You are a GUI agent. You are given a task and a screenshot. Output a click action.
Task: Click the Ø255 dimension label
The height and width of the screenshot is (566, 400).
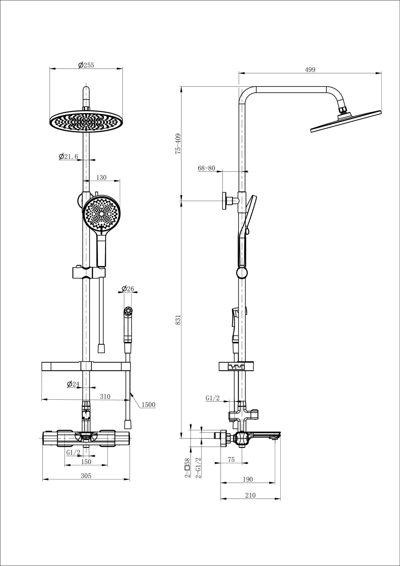pyautogui.click(x=86, y=65)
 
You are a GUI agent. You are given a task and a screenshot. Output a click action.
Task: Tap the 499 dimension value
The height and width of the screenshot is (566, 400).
pyautogui.click(x=310, y=70)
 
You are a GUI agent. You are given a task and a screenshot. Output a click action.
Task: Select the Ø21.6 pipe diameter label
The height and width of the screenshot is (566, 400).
pyautogui.click(x=69, y=156)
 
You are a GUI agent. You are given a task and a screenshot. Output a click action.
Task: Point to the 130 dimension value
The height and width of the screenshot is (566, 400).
pyautogui.click(x=101, y=177)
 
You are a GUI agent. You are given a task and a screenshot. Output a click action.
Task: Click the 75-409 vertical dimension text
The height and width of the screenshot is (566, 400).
pyautogui.click(x=178, y=143)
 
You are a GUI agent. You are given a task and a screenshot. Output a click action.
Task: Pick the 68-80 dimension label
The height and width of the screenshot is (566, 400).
pyautogui.click(x=206, y=168)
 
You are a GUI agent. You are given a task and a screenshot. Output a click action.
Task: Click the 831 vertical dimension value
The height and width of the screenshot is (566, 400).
pyautogui.click(x=178, y=320)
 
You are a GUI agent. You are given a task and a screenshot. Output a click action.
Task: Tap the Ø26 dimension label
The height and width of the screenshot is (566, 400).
pyautogui.click(x=128, y=289)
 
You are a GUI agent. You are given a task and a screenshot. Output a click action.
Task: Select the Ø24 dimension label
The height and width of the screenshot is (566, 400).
pyautogui.click(x=73, y=384)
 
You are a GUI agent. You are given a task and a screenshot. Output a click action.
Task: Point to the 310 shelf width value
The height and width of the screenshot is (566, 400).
pyautogui.click(x=105, y=396)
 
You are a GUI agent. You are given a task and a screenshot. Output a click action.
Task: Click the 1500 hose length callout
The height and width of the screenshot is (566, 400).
pyautogui.click(x=148, y=405)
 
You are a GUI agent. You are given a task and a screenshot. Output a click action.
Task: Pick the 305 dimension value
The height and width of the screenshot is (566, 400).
pyautogui.click(x=86, y=476)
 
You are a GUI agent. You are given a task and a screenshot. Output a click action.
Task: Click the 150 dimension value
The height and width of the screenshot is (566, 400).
pyautogui.click(x=86, y=462)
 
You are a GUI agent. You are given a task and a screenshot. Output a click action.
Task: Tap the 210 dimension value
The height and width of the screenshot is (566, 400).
pyautogui.click(x=250, y=495)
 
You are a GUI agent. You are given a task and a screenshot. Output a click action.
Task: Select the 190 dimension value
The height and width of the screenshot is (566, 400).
pyautogui.click(x=248, y=479)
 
